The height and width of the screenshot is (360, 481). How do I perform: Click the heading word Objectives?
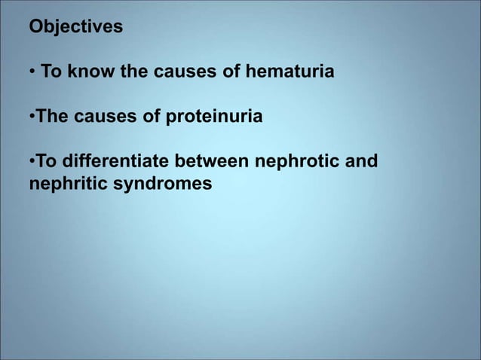pyautogui.click(x=75, y=28)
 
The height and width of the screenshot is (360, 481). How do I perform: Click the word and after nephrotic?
pyautogui.click(x=363, y=162)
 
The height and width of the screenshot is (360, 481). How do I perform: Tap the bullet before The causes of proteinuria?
pyautogui.click(x=32, y=117)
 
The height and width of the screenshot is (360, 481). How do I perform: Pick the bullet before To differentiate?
pyautogui.click(x=32, y=162)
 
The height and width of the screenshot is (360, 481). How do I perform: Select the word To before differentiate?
pyautogui.click(x=46, y=162)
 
